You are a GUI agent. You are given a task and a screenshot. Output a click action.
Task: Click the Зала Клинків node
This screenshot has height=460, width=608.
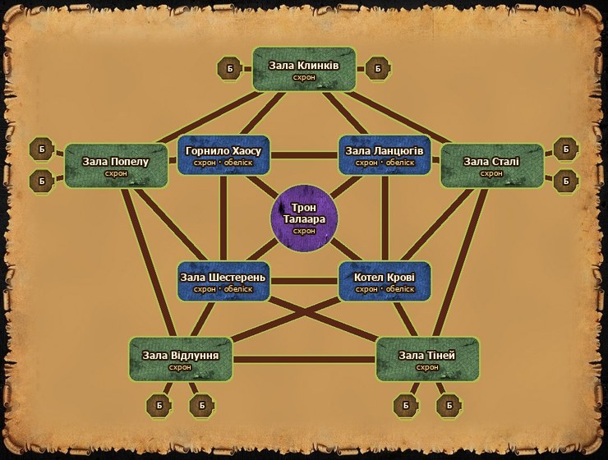304,69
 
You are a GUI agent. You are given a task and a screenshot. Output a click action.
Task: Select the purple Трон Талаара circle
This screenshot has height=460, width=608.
304,218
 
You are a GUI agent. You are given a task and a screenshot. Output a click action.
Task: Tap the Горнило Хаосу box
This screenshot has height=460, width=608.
223,155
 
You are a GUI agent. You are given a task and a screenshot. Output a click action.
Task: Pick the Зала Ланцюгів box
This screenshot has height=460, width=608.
385,155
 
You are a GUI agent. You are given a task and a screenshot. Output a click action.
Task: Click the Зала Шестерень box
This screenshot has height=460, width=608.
223,282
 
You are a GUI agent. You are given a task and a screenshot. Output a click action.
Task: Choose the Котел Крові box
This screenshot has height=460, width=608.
385,282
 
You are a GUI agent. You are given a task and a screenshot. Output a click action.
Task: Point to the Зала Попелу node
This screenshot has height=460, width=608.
116,166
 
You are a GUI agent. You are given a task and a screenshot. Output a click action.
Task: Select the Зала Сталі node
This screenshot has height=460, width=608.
492,166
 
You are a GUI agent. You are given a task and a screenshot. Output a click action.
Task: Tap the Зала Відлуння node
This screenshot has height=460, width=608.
180,359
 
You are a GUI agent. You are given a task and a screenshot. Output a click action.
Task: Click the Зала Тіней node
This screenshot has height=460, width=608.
427,359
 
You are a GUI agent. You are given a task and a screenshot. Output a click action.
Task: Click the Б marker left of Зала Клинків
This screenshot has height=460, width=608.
230,69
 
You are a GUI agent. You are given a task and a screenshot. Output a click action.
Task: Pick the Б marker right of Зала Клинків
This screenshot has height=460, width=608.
378,69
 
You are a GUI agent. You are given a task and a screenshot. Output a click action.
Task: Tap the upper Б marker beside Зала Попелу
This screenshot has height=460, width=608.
42,149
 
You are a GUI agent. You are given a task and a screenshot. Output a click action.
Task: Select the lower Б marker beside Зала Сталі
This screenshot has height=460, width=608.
566,181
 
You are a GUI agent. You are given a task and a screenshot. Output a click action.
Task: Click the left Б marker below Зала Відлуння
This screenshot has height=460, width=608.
159,405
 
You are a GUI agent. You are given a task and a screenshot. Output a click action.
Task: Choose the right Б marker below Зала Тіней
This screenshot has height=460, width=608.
449,405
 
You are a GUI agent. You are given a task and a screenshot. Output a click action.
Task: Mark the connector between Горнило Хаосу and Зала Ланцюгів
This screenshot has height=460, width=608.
304,155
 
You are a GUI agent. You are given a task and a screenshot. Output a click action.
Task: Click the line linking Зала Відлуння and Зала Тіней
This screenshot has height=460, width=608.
304,360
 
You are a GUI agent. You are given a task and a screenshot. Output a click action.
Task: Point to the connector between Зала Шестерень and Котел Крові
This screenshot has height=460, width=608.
304,282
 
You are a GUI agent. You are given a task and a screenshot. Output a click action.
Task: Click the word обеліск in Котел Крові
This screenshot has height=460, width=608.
400,289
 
